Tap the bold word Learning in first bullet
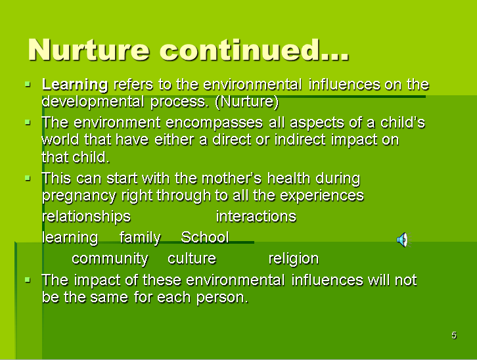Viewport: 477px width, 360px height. [75, 85]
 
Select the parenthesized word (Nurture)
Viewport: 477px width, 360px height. [247, 102]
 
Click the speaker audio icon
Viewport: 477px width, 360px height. [402, 240]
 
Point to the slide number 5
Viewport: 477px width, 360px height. [454, 336]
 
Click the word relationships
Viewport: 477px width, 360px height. [86, 217]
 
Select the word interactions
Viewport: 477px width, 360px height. [256, 217]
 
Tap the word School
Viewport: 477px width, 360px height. [204, 237]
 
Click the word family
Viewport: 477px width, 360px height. [140, 237]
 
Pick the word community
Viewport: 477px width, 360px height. [110, 258]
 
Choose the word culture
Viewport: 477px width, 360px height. [192, 258]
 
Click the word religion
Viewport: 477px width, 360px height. [294, 258]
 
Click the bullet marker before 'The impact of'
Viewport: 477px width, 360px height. [27, 280]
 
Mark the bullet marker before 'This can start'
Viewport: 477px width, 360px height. [27, 178]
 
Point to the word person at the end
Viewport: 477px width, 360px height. [223, 297]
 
